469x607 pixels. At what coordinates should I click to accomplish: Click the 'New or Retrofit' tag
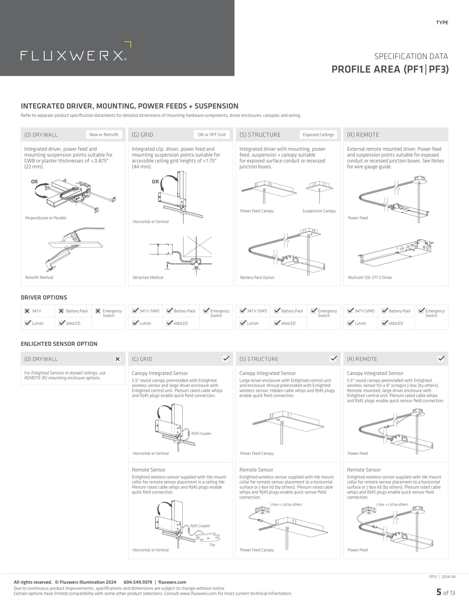point(104,135)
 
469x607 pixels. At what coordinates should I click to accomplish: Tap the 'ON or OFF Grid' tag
point(211,135)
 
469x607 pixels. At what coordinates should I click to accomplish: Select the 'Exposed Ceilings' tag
point(318,135)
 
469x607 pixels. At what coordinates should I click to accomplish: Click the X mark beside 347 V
point(27,311)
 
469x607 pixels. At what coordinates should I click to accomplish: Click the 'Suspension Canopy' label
point(319,211)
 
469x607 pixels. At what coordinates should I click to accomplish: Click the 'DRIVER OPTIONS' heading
point(44,298)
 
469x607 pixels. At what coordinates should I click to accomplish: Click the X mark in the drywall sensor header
point(117,359)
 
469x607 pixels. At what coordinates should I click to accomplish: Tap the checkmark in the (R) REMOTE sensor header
point(441,359)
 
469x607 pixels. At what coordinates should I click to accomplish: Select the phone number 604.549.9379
point(138,582)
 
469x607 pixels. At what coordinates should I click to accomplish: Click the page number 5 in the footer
point(439,592)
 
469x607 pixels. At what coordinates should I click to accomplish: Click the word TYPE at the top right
point(442,23)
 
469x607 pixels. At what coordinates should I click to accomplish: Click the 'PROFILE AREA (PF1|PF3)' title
point(390,69)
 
